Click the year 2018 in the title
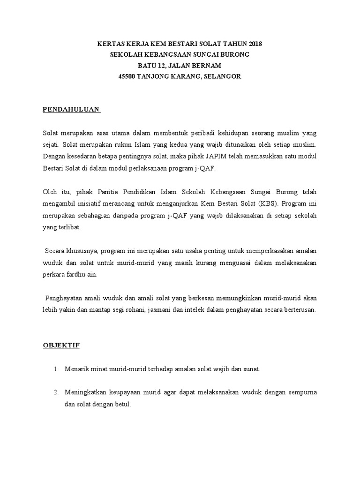(x=254, y=44)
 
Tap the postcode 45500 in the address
(x=127, y=76)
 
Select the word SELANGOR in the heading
(x=222, y=76)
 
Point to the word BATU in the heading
(x=153, y=65)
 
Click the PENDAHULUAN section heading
(x=71, y=109)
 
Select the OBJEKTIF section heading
(x=61, y=345)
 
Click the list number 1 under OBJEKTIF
(x=56, y=369)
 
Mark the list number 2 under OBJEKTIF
(x=56, y=392)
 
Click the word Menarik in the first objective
(x=76, y=369)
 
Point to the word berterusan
(x=299, y=310)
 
